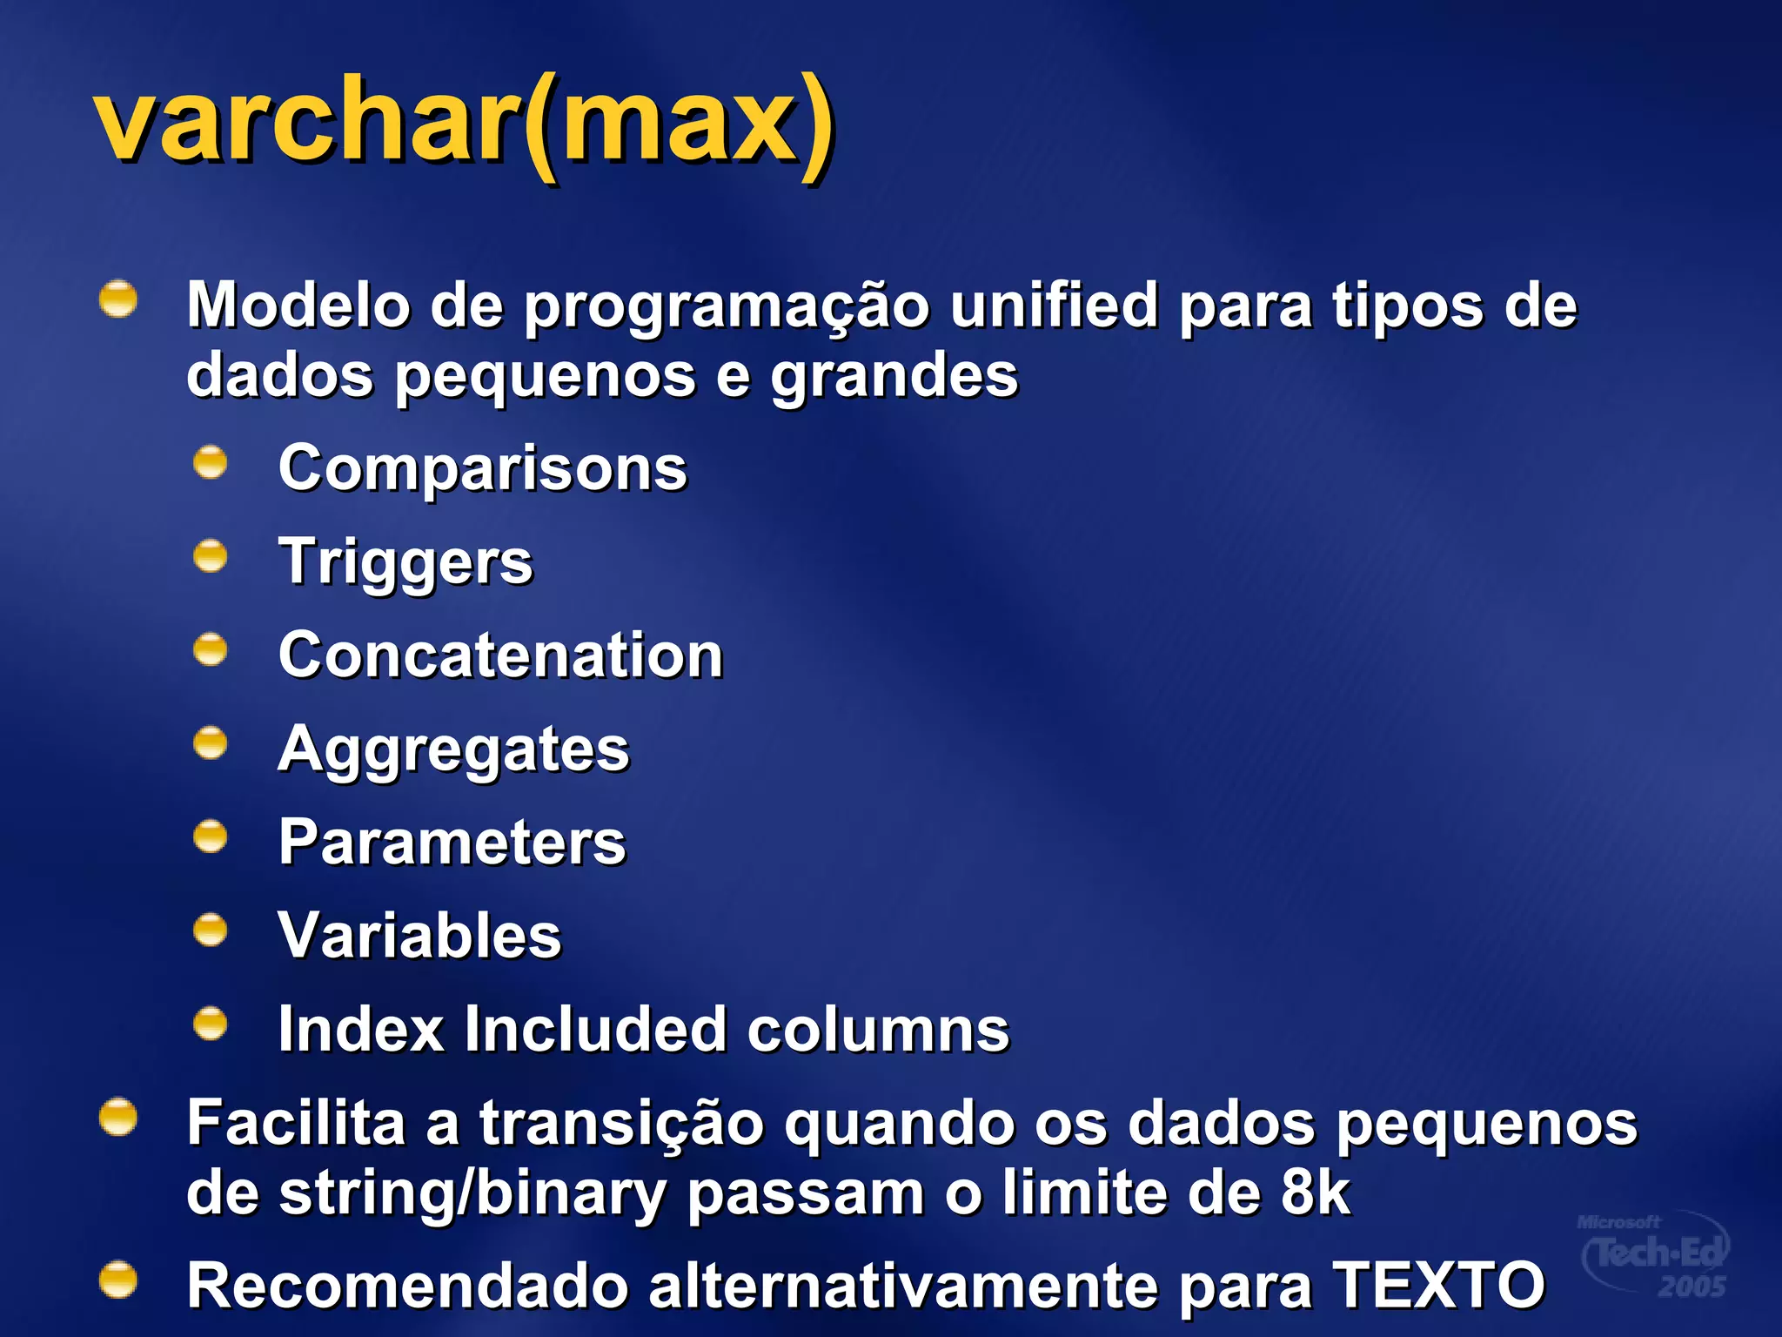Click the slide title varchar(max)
466,122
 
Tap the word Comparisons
483,468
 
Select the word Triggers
405,562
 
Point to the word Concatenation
501,655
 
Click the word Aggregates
453,749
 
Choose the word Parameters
452,843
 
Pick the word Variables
420,936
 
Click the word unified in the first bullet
1054,306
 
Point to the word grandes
894,377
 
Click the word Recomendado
407,1286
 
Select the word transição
621,1124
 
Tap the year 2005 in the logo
1692,1287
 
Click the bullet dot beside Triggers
211,556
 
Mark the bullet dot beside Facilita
118,1118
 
